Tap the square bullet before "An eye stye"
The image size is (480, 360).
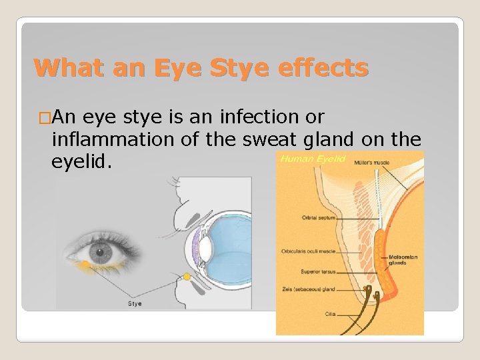(x=45, y=118)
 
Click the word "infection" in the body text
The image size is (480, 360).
(x=251, y=117)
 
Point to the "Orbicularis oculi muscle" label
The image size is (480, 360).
(x=307, y=251)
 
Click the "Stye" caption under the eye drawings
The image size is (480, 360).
(x=135, y=304)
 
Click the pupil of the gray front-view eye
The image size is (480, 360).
(x=101, y=253)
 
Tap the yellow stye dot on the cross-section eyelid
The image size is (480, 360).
(x=187, y=276)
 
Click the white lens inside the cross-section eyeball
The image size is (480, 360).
(x=206, y=248)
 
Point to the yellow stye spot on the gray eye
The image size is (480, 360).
(x=87, y=265)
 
